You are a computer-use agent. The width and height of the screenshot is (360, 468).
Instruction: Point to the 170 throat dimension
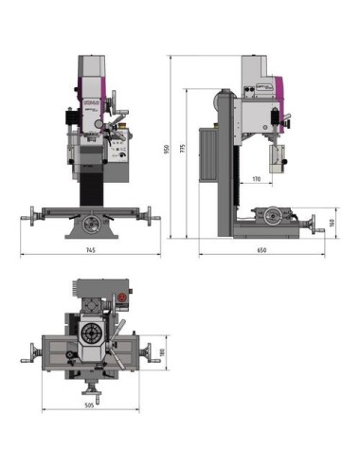coord(256,178)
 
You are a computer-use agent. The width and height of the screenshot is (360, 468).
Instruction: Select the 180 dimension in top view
coord(162,352)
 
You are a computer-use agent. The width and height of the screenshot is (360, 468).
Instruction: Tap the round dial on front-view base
coord(91,225)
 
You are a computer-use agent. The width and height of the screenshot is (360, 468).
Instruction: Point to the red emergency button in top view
coord(121,300)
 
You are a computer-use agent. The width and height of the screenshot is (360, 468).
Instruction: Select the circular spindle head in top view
coord(93,334)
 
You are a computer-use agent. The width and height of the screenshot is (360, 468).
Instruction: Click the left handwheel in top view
coord(28,354)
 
